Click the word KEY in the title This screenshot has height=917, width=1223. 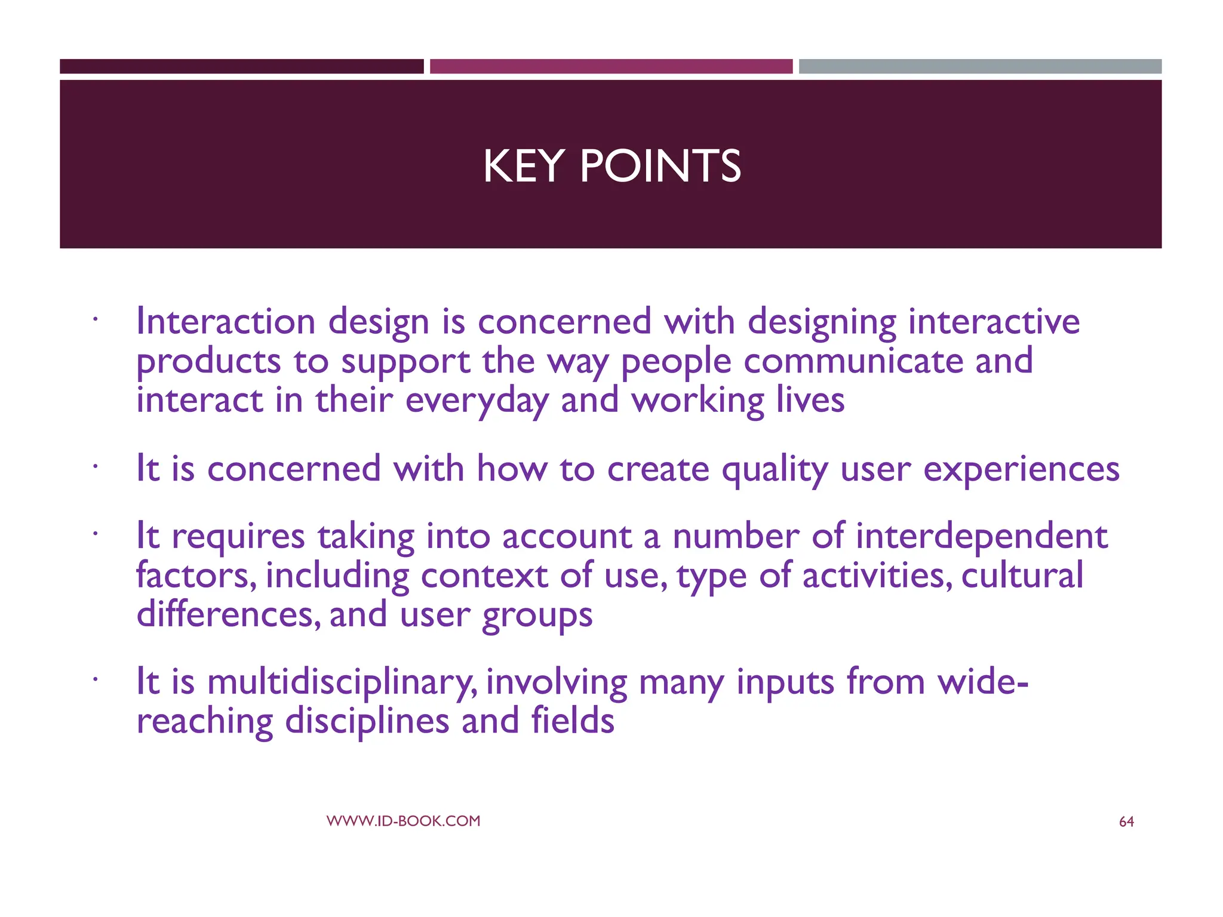tap(523, 166)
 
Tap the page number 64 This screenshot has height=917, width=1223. tap(1126, 822)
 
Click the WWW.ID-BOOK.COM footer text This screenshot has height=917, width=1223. tap(403, 821)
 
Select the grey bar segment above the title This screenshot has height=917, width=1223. tap(980, 66)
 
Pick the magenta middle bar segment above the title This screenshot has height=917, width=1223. tap(611, 66)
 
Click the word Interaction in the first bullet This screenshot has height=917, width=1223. tap(226, 321)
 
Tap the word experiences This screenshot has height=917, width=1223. tap(1021, 469)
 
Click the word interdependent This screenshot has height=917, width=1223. tap(981, 536)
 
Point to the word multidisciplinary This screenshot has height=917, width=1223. tap(342, 682)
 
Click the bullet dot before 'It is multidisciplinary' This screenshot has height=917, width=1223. tap(94, 679)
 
